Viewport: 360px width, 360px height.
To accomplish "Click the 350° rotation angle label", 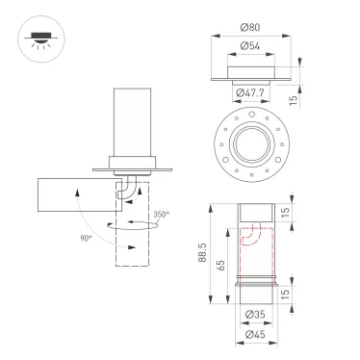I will click(x=161, y=215).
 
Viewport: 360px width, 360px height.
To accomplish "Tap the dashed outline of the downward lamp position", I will click(x=133, y=245).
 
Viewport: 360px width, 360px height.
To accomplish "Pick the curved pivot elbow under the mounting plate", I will click(x=126, y=189).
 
